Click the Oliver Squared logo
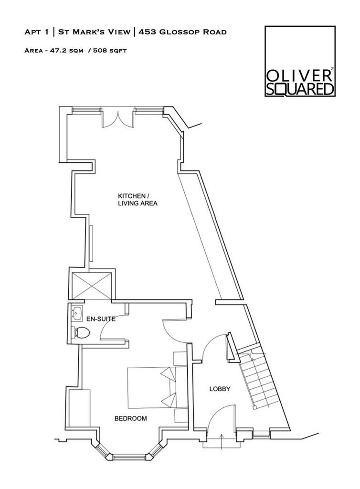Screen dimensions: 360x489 tap(299, 62)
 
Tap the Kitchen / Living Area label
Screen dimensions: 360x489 tap(138, 200)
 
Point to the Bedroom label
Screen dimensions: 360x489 tap(130, 418)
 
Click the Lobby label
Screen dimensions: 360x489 tap(220, 389)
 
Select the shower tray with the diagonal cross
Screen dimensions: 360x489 tap(92, 286)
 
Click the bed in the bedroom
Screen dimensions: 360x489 tap(150, 387)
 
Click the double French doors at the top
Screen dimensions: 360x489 tap(117, 117)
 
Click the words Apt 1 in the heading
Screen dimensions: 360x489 tap(36, 32)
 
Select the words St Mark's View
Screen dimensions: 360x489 tap(94, 32)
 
